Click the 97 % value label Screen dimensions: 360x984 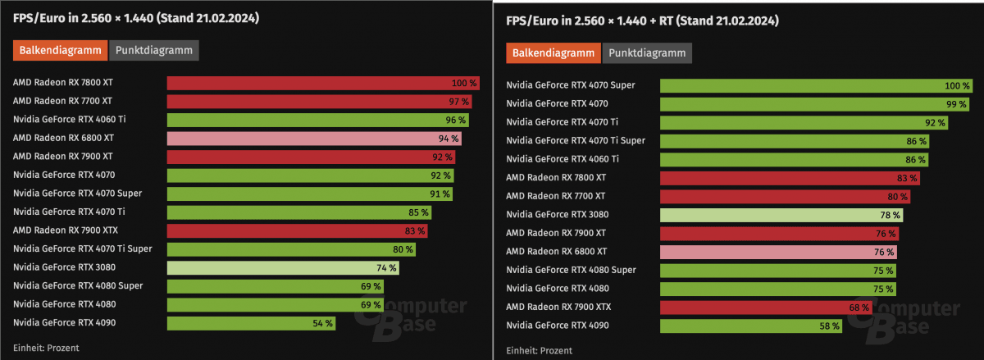459,102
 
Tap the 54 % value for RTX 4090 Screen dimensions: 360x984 322,323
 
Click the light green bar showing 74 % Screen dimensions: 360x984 283,267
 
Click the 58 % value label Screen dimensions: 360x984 830,326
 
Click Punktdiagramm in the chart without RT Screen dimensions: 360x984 154,50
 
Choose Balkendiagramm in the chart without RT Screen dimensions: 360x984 61,50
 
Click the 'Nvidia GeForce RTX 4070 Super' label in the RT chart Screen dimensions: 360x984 571,85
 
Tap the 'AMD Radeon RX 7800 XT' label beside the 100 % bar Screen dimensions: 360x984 63,83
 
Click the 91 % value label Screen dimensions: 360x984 440,194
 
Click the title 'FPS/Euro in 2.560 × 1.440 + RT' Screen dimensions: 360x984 641,20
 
